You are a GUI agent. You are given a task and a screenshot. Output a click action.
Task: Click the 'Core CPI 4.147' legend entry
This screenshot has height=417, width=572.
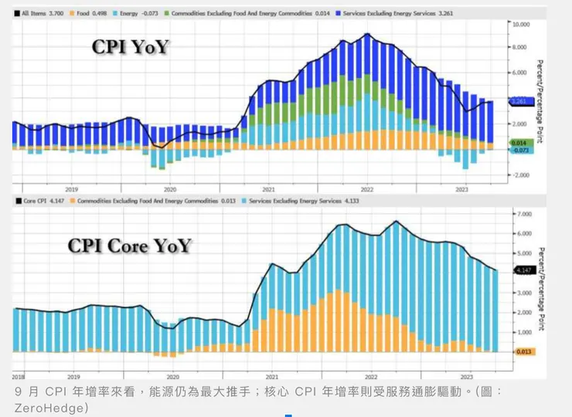(41, 201)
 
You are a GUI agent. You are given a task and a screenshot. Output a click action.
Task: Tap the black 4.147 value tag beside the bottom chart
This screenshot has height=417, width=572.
(523, 270)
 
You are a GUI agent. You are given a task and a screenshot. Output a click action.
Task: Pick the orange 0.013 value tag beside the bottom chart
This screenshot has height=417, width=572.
(523, 351)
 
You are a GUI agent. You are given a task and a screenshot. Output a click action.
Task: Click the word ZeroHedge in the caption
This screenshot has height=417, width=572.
(46, 406)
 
